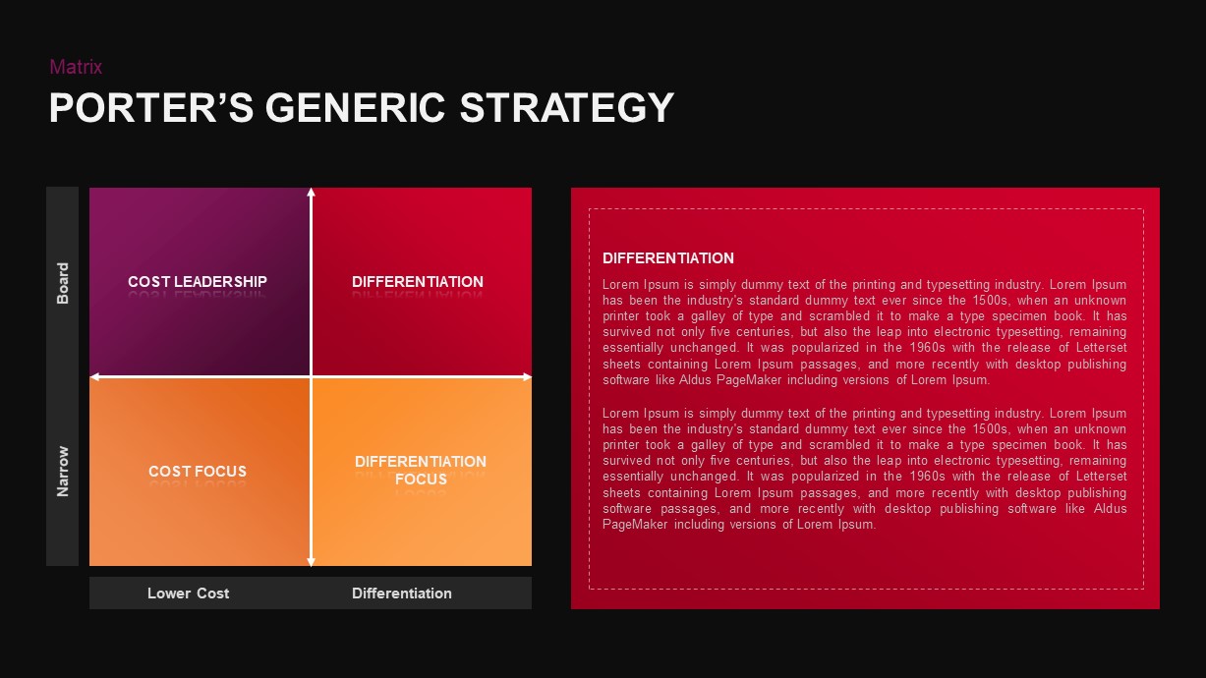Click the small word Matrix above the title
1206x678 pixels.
(x=76, y=67)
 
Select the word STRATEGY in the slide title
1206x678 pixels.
(x=567, y=108)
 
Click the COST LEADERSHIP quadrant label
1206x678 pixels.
(x=198, y=282)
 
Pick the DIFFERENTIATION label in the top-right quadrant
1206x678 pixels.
(x=418, y=282)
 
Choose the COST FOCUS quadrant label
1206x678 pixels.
(x=198, y=472)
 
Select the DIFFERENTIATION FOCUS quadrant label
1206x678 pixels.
(x=421, y=471)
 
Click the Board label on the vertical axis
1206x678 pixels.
(x=63, y=283)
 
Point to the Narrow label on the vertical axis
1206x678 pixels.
(x=63, y=472)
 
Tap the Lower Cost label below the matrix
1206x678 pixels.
(x=189, y=593)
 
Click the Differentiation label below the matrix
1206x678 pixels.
(x=402, y=593)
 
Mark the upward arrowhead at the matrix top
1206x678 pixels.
(x=312, y=193)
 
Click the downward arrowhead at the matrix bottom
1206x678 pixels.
(x=312, y=561)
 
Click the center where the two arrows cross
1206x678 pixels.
(x=312, y=377)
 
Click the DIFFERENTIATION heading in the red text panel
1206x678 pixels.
(x=668, y=258)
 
